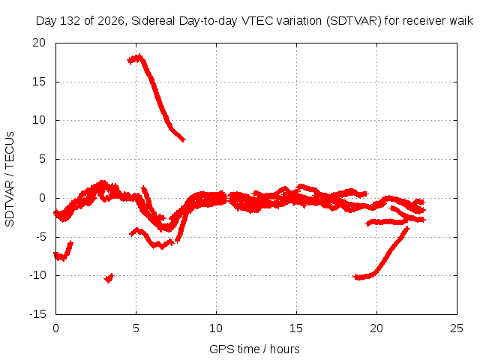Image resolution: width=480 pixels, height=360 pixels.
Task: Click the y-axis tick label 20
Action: point(39,43)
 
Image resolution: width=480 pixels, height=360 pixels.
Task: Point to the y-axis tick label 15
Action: point(39,82)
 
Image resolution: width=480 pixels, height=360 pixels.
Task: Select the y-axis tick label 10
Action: point(39,120)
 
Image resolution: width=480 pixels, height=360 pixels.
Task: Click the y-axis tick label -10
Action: point(37,275)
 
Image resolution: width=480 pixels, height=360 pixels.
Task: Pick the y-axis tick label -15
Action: point(37,313)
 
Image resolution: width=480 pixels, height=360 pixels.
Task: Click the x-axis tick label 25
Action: point(457,328)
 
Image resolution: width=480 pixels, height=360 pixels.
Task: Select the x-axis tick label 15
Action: point(296,328)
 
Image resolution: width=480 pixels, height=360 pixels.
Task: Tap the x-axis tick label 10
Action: point(216,328)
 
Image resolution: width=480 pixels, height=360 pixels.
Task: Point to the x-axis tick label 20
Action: point(376,328)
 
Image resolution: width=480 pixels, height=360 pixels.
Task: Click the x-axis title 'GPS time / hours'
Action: point(254,349)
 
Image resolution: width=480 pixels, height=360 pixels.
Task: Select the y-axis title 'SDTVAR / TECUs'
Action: point(10,179)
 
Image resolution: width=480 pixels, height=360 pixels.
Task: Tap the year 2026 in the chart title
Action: point(110,21)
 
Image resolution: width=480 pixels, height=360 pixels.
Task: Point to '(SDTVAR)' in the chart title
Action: point(353,21)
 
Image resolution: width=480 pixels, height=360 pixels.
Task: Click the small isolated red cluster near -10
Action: point(109,278)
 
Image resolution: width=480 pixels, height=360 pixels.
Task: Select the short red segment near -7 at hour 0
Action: point(63,251)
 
